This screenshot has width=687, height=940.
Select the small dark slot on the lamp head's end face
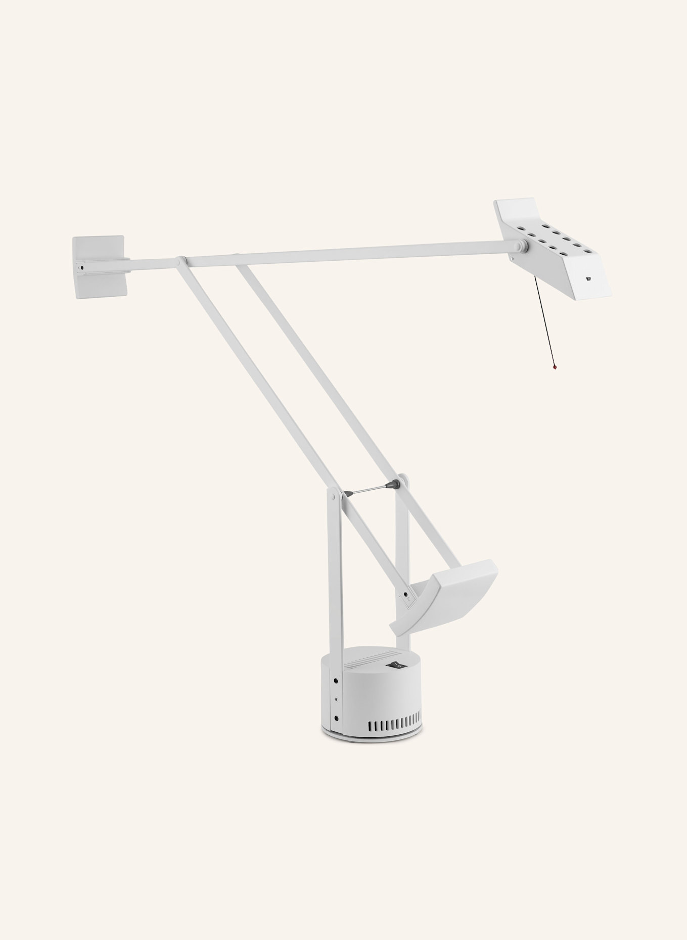click(x=588, y=278)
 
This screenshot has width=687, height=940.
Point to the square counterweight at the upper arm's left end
click(x=100, y=266)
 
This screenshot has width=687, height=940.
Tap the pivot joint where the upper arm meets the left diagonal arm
click(x=180, y=261)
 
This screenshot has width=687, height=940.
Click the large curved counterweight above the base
click(x=450, y=596)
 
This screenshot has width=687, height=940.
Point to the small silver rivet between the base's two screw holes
click(x=336, y=700)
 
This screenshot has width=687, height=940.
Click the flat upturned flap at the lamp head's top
click(x=516, y=209)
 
